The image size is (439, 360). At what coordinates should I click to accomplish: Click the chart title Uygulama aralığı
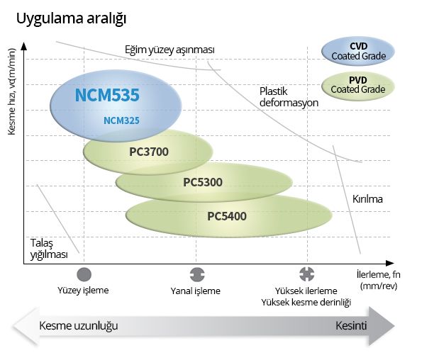(71, 19)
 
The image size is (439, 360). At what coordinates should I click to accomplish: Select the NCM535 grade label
(107, 95)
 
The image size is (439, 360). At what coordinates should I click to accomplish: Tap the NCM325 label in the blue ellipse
(121, 120)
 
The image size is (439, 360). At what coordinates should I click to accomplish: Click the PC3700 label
(149, 152)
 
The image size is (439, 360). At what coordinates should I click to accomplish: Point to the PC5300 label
(203, 182)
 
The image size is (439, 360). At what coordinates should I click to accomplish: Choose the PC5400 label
(227, 216)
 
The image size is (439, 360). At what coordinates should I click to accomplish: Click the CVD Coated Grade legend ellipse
(358, 51)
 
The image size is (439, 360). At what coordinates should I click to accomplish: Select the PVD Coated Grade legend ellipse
(358, 86)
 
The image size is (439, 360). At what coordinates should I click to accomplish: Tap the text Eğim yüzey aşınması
(170, 50)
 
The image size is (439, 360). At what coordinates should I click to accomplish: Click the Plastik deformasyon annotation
(289, 97)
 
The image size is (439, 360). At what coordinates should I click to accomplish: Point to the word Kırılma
(367, 199)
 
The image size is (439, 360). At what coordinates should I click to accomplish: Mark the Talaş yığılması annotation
(49, 249)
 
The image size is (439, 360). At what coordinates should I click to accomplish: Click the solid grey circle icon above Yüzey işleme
(84, 274)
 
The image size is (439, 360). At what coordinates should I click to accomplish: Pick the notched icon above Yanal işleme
(197, 274)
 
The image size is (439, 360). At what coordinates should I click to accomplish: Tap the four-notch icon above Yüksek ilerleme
(307, 274)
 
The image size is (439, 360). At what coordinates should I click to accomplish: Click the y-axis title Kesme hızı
(12, 91)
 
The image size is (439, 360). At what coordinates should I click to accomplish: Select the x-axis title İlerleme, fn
(379, 280)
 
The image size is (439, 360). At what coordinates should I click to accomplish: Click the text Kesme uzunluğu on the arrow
(79, 325)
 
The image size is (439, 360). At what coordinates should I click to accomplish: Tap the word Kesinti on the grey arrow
(351, 325)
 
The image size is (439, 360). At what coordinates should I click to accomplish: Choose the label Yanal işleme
(196, 291)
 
